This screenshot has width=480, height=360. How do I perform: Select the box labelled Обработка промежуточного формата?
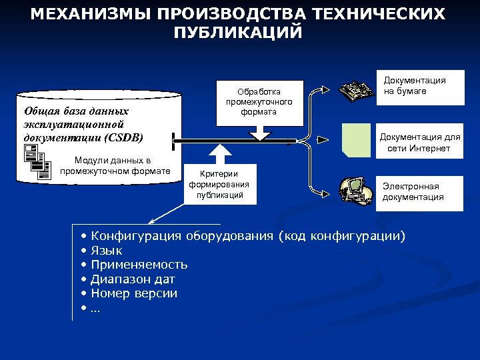coord(259,101)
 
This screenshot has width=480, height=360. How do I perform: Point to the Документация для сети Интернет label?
coord(419,143)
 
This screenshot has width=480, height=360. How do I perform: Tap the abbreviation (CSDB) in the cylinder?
coord(121,137)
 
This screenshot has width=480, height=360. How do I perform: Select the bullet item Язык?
coord(107,251)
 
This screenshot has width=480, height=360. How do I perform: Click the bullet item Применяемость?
coord(139,265)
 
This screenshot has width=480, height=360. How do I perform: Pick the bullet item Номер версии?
coord(134,293)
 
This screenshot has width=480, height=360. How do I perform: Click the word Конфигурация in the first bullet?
coord(137,237)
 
